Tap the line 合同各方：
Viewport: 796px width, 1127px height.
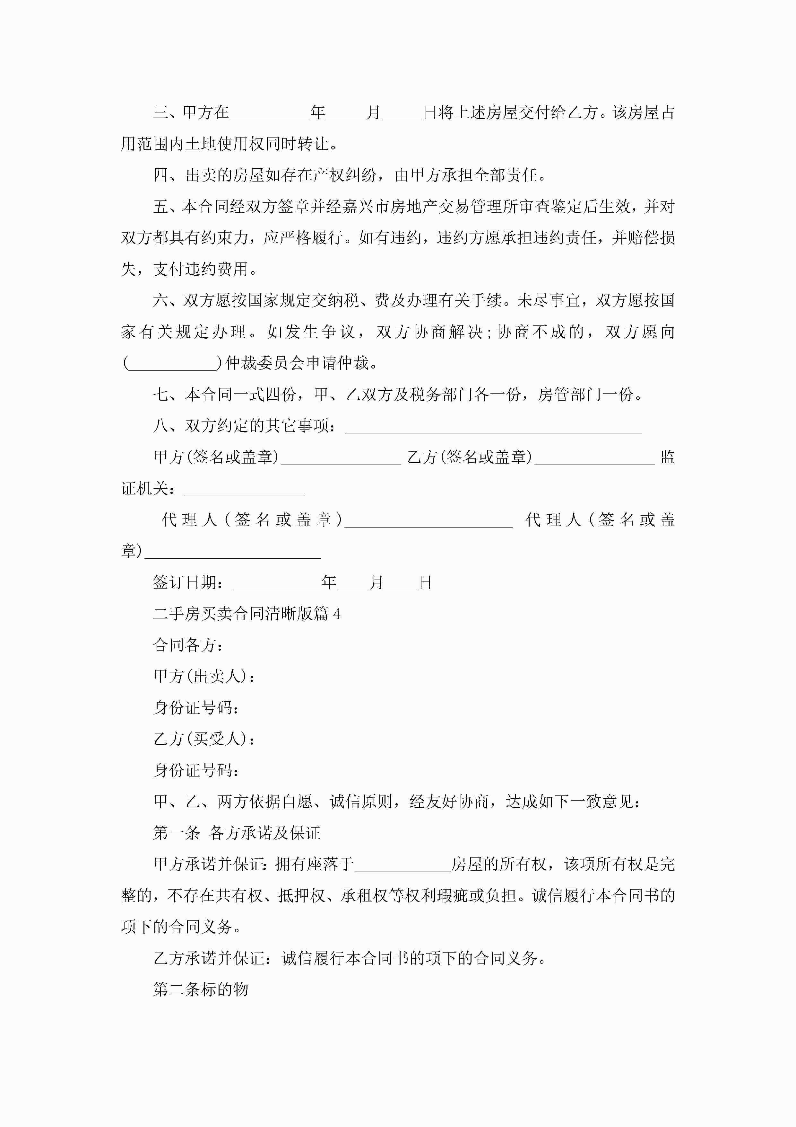(189, 645)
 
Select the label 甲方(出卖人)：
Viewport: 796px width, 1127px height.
(204, 676)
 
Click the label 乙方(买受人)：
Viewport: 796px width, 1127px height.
(204, 739)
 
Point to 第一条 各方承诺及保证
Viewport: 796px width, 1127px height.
(237, 833)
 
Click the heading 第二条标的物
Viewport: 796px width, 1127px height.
(201, 989)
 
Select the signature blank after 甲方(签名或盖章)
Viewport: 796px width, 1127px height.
(341, 457)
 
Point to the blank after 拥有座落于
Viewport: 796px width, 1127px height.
(403, 865)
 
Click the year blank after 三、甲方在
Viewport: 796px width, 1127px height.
(270, 113)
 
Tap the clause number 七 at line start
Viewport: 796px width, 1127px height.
(161, 395)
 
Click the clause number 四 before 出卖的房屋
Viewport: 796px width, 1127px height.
(161, 175)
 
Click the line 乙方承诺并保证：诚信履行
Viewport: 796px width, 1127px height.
(350, 958)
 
